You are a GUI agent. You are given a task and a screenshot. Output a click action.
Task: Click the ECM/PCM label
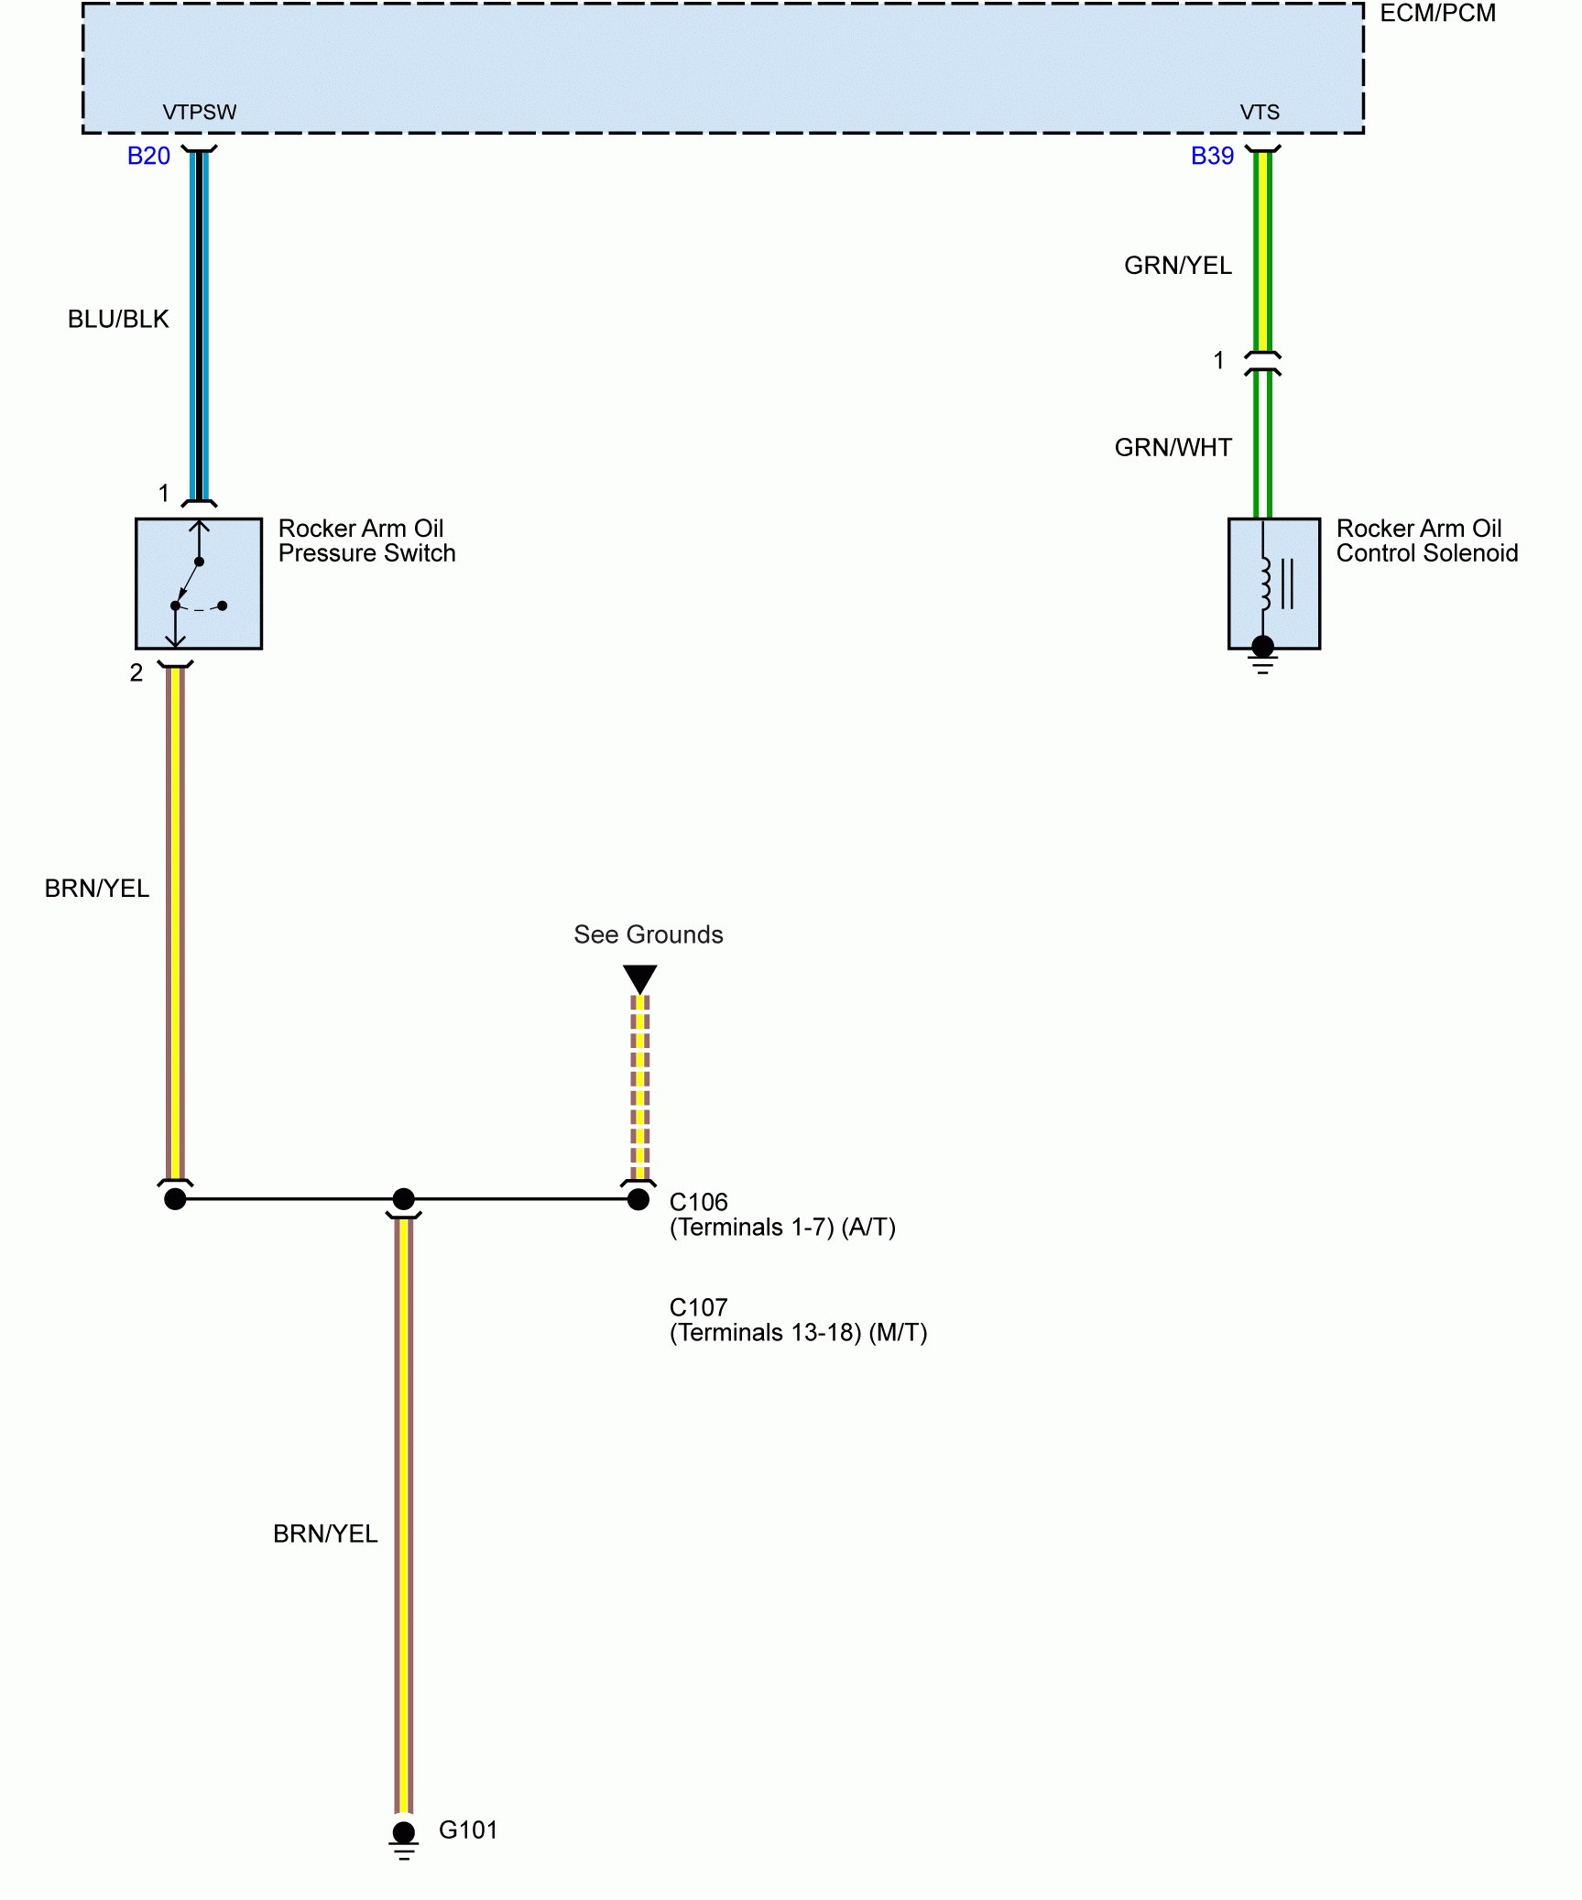pyautogui.click(x=1436, y=14)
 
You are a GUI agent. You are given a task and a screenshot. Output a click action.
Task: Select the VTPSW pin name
pyautogui.click(x=199, y=112)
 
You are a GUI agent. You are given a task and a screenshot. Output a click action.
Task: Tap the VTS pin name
pyautogui.click(x=1260, y=112)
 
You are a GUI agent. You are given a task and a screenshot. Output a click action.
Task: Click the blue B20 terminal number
pyautogui.click(x=148, y=156)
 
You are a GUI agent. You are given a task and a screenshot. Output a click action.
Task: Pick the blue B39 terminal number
pyautogui.click(x=1212, y=156)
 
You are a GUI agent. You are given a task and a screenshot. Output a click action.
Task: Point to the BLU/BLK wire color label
pyautogui.click(x=118, y=319)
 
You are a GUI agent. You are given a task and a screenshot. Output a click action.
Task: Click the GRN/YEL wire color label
pyautogui.click(x=1177, y=266)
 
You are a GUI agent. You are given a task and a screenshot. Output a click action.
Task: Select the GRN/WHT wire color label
pyautogui.click(x=1173, y=447)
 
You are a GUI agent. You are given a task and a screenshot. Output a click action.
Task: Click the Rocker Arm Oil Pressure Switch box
pyautogui.click(x=199, y=584)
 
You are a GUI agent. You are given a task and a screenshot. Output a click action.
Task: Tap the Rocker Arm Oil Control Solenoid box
pyautogui.click(x=1273, y=584)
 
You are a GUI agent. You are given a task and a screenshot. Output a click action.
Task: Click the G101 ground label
pyautogui.click(x=468, y=1829)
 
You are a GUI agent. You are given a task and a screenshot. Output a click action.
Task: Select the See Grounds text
pyautogui.click(x=648, y=934)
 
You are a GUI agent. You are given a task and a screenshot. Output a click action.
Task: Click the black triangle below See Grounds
pyautogui.click(x=639, y=977)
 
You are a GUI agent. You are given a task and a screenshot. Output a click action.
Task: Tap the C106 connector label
pyautogui.click(x=698, y=1202)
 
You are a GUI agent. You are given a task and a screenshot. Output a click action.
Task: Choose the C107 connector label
pyautogui.click(x=698, y=1307)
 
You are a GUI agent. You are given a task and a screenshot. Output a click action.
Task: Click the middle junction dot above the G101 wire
pyautogui.click(x=404, y=1198)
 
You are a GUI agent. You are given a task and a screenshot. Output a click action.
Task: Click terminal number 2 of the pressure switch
pyautogui.click(x=136, y=673)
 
